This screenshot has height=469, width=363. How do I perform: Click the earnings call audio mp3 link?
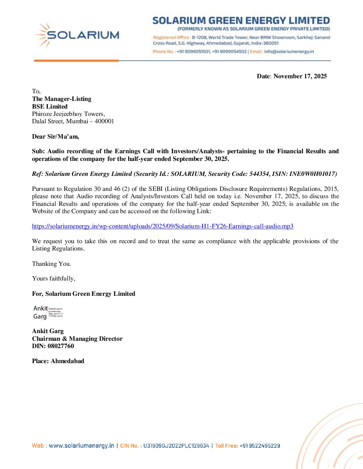tap(162, 226)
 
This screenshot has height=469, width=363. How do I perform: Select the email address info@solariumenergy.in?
tap(289, 52)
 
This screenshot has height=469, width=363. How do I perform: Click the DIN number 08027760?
tap(61, 346)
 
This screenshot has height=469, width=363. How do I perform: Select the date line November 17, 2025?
tap(292, 76)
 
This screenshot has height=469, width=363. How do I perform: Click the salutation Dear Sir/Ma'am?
tap(55, 137)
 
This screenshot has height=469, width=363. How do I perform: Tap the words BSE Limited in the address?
tap(50, 107)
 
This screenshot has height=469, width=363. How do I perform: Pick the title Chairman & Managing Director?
tap(77, 339)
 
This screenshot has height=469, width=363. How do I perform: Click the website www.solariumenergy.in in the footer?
tap(81, 446)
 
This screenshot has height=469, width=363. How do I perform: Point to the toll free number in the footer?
tap(260, 446)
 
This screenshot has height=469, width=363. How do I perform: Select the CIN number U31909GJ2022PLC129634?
tap(176, 446)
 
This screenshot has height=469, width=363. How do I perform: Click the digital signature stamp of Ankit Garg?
tap(48, 312)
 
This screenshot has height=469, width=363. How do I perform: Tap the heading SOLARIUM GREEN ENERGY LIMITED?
tap(241, 21)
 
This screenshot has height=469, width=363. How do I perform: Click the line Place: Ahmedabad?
tap(58, 361)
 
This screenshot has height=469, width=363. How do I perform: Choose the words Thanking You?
tap(51, 264)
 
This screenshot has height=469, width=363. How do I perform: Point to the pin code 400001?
tap(104, 121)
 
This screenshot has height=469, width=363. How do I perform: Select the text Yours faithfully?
tap(54, 278)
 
